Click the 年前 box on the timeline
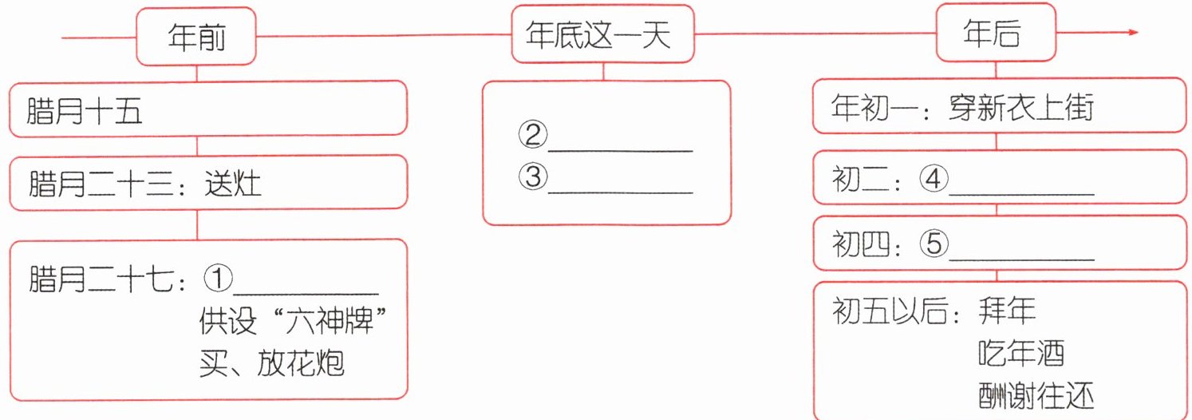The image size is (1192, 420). [197, 36]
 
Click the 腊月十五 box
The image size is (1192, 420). [208, 109]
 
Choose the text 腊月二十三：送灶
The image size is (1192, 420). [145, 185]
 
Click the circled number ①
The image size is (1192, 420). [217, 279]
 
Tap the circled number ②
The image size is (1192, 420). [532, 136]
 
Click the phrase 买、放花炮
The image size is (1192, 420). [271, 363]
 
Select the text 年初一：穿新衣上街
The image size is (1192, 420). [961, 107]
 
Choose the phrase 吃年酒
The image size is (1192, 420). [1020, 353]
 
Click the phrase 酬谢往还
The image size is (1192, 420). [1035, 395]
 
